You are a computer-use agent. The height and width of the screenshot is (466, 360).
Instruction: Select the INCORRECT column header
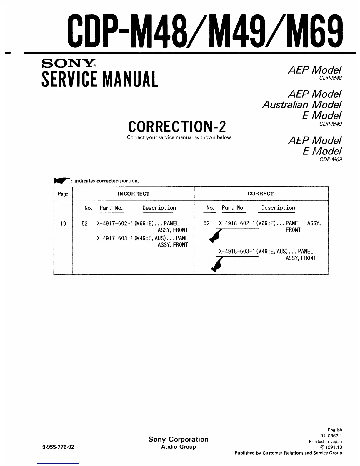[133, 194]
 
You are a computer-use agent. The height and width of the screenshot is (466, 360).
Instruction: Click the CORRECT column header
[261, 194]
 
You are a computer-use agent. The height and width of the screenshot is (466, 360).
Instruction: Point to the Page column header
[63, 194]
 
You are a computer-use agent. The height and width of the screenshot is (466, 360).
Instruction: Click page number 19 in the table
[63, 224]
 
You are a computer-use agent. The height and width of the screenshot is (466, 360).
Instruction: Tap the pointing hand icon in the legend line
[61, 181]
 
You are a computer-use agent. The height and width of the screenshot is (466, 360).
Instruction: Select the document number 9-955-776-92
[58, 447]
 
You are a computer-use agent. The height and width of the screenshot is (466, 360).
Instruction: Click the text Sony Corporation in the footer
[179, 439]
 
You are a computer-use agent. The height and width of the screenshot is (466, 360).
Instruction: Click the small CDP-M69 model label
[331, 159]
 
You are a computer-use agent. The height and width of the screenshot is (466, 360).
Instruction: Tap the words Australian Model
[302, 104]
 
